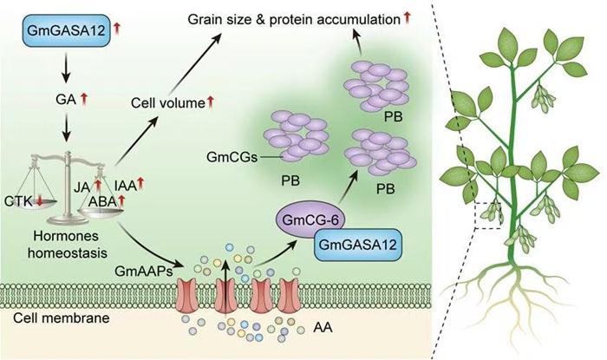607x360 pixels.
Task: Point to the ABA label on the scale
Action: pos(105,201)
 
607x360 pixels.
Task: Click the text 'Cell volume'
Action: pos(163,103)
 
